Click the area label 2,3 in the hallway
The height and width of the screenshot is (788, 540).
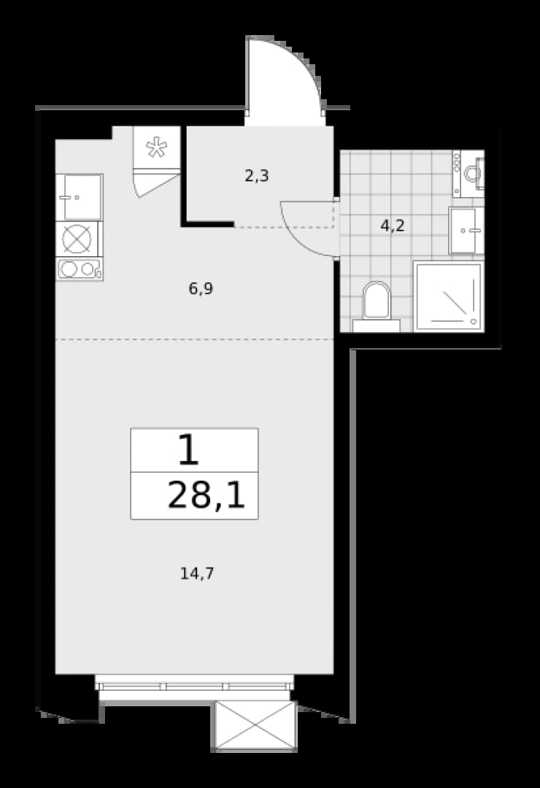click(256, 177)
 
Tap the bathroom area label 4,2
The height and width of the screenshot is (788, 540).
click(393, 225)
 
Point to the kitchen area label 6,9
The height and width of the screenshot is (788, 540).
click(201, 289)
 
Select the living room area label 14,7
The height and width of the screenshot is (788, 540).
click(197, 573)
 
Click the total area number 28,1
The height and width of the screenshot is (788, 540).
click(206, 495)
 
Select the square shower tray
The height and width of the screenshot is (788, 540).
click(449, 296)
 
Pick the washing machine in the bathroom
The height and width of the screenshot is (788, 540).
click(468, 174)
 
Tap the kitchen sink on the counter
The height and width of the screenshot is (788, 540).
click(79, 198)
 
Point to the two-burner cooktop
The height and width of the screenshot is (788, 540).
click(80, 269)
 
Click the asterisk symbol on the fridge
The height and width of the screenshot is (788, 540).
click(156, 148)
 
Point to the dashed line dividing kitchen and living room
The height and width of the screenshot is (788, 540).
click(194, 340)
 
